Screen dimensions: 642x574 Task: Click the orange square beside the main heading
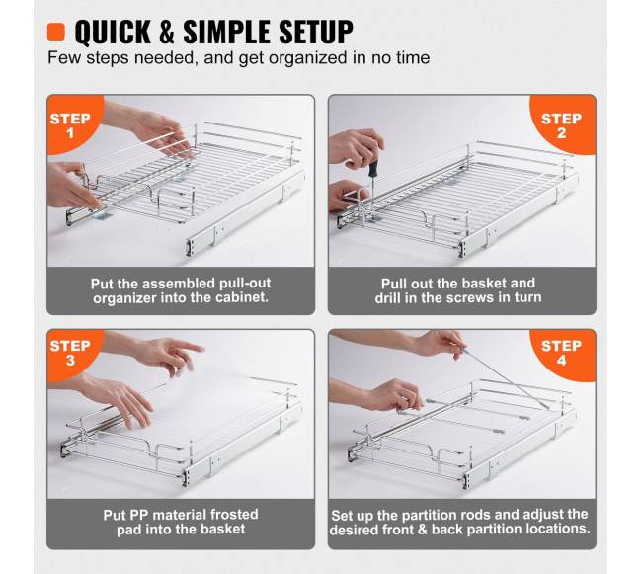tap(56, 32)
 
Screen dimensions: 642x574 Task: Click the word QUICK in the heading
tap(113, 32)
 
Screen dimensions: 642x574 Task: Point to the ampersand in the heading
tap(167, 32)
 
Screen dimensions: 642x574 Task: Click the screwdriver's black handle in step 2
tap(373, 169)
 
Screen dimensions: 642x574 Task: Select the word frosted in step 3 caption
tap(234, 514)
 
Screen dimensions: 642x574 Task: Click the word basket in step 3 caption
tap(223, 529)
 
